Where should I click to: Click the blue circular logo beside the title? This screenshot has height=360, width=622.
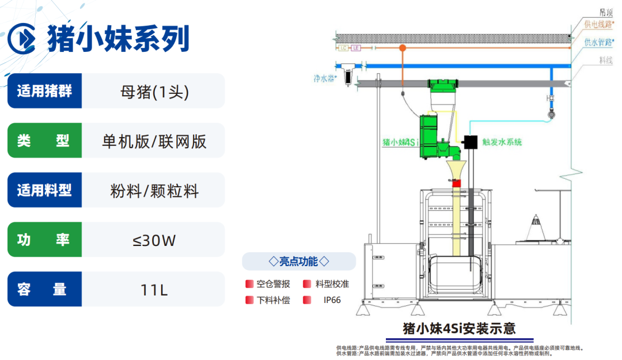(22, 38)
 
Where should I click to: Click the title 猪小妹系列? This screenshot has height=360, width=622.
(119, 38)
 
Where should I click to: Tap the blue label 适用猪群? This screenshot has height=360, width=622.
(44, 91)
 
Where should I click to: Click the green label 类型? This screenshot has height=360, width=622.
(44, 141)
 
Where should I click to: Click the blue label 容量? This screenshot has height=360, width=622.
(44, 290)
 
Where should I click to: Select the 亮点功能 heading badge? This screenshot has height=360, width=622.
(299, 262)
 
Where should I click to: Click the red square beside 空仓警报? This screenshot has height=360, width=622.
(249, 284)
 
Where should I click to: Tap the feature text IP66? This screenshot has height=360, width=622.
(332, 300)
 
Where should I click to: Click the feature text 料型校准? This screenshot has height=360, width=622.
(332, 284)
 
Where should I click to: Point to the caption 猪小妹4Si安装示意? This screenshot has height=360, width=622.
(459, 329)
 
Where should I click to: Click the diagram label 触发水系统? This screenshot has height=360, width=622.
(502, 142)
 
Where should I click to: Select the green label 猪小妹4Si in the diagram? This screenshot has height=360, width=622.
(399, 142)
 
